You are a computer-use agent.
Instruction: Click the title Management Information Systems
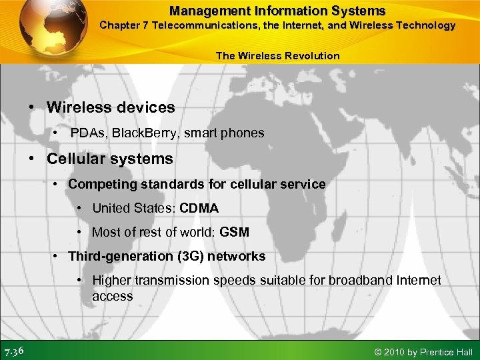pos(277,11)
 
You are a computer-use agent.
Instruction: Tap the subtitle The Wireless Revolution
pos(277,56)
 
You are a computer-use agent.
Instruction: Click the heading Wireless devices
pos(111,107)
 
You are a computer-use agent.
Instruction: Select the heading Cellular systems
pos(109,159)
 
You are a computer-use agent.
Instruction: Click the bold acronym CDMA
pos(199,208)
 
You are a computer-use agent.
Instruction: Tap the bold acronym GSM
pos(234,233)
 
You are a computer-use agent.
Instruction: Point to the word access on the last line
pos(112,296)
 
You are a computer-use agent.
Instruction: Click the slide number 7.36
pos(15,351)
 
